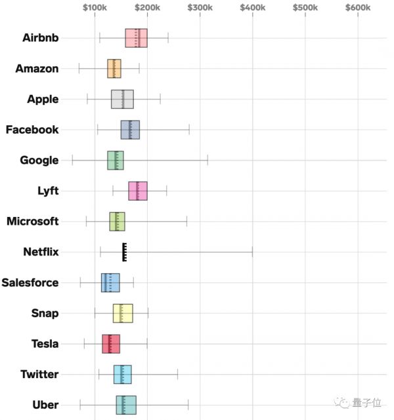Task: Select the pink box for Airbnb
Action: coord(136,38)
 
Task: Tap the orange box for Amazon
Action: coord(114,69)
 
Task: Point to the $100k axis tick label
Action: coord(95,7)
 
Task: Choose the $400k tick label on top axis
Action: coord(252,7)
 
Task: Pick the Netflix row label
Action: coord(41,252)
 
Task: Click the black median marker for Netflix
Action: coord(124,252)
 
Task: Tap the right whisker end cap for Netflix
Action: coord(252,252)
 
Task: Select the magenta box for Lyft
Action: coord(138,191)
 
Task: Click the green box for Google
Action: coord(116,161)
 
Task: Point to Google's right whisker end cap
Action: coord(208,161)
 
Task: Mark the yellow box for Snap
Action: coord(123,313)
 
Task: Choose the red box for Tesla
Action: coord(111,344)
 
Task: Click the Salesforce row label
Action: coord(30,283)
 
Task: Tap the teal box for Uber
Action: coord(126,405)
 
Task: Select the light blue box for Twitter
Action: coord(122,374)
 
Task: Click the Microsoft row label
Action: coord(32,221)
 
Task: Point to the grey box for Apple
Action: coord(122,99)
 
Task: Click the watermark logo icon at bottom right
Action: coord(342,404)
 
